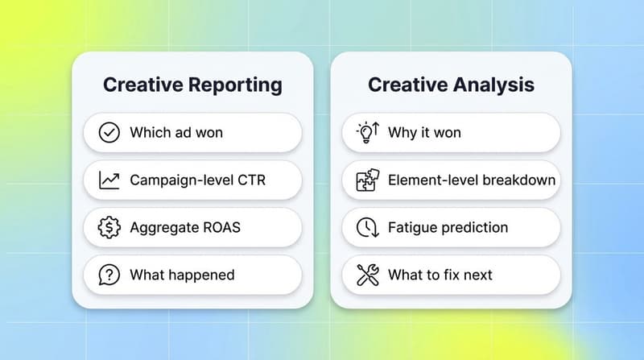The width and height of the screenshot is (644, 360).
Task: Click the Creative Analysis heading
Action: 450,85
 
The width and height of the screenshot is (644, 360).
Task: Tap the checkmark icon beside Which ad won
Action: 109,132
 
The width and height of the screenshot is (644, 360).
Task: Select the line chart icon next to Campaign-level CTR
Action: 109,180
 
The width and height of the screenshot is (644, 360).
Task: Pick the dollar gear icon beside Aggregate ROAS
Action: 109,227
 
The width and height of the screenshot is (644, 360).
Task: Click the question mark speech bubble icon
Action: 109,275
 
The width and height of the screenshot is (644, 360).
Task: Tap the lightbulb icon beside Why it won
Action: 367,132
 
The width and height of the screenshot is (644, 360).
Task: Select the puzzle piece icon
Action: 367,180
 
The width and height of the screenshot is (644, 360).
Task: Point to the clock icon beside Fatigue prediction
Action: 367,227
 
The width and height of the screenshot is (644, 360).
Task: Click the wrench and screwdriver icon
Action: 367,275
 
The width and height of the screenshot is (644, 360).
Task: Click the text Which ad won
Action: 176,132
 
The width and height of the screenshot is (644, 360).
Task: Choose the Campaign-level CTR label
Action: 197,180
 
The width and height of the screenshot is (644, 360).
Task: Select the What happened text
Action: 182,275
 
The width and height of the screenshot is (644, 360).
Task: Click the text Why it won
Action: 424,132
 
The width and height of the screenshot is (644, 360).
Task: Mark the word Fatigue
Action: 412,227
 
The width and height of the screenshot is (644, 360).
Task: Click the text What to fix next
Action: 440,275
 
